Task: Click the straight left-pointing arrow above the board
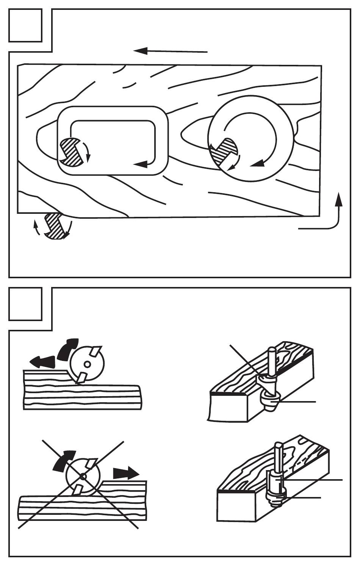click(x=171, y=51)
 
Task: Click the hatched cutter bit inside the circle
click(x=225, y=151)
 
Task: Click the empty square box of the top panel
click(x=25, y=25)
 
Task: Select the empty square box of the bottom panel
click(x=25, y=304)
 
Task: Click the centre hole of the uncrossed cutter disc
click(x=87, y=364)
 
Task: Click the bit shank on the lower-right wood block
click(x=278, y=455)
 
